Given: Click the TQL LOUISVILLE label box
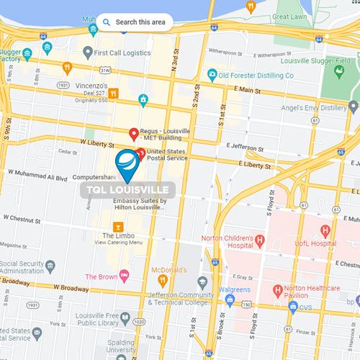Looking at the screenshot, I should [129, 189].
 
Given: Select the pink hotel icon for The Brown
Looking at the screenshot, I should [124, 276].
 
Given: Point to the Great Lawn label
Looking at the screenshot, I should [290, 15].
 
